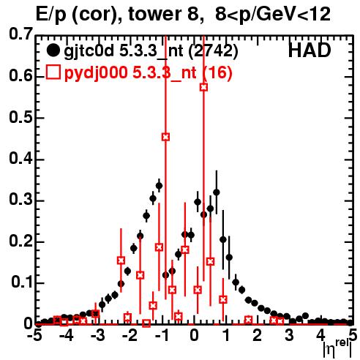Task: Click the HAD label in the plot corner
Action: point(310,50)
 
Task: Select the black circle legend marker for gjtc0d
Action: point(53,50)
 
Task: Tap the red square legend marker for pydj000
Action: point(53,72)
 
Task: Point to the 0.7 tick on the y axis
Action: point(20,34)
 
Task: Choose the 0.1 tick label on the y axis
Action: point(22,282)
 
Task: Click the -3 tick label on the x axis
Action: point(98,336)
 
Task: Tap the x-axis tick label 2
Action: point(258,336)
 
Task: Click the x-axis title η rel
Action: point(338,350)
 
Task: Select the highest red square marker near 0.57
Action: point(203,87)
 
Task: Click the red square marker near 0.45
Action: point(165,137)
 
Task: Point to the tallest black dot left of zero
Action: point(159,186)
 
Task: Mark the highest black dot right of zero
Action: point(217,192)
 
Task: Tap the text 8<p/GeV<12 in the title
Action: point(273,15)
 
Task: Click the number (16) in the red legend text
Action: point(217,72)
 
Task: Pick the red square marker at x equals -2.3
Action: point(121,260)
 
